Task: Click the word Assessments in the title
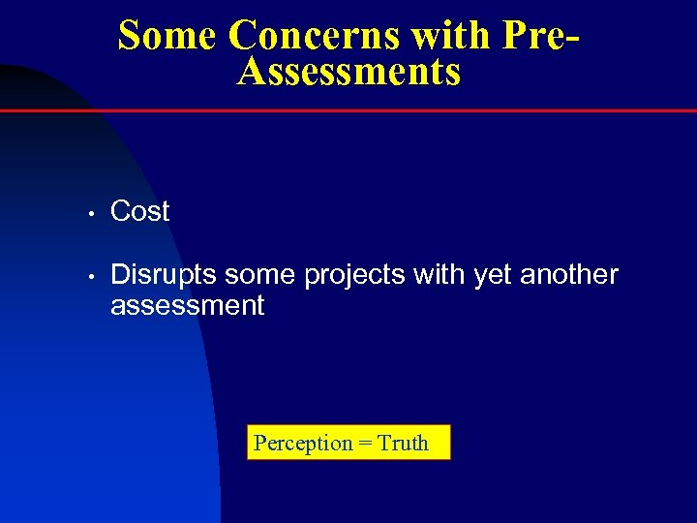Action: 348,72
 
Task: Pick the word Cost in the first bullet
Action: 140,211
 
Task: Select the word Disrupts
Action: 165,276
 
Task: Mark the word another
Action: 569,275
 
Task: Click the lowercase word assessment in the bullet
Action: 188,307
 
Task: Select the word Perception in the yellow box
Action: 303,444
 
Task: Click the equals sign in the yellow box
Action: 365,444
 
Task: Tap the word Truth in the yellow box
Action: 403,444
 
